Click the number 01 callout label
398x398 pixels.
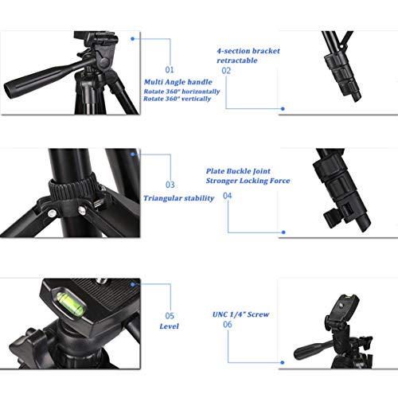(169, 70)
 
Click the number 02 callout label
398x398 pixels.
(226, 70)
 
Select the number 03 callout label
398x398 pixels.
(170, 185)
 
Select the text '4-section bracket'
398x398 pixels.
(247, 49)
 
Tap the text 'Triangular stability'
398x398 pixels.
(178, 197)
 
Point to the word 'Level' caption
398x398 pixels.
(169, 326)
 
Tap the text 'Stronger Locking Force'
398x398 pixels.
(248, 181)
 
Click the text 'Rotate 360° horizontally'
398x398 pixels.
(182, 92)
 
